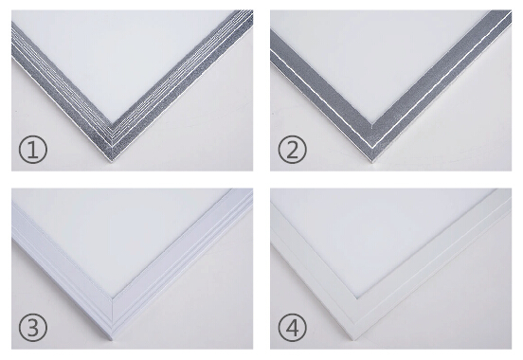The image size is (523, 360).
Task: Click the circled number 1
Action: (32, 149)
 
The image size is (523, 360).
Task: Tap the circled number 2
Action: (292, 149)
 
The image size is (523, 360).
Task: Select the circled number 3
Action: (32, 327)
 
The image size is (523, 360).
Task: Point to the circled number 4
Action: (292, 327)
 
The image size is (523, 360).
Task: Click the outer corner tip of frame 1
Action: (112, 162)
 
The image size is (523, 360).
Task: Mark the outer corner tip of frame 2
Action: (371, 162)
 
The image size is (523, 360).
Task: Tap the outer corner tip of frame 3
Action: (112, 339)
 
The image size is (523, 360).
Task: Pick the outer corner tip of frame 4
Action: (355, 339)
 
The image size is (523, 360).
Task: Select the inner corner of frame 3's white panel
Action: (112, 297)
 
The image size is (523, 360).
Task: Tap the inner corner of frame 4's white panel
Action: (357, 298)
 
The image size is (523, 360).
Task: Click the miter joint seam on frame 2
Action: (371, 142)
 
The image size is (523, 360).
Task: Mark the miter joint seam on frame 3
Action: (112, 318)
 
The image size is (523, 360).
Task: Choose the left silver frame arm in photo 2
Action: (320, 97)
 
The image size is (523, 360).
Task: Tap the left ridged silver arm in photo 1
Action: (62, 94)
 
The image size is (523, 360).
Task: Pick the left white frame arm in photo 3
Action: (62, 270)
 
